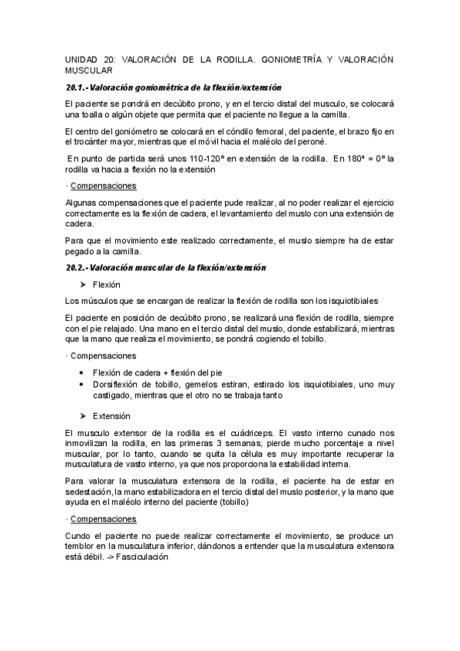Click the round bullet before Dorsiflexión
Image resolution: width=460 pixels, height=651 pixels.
point(83,385)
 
